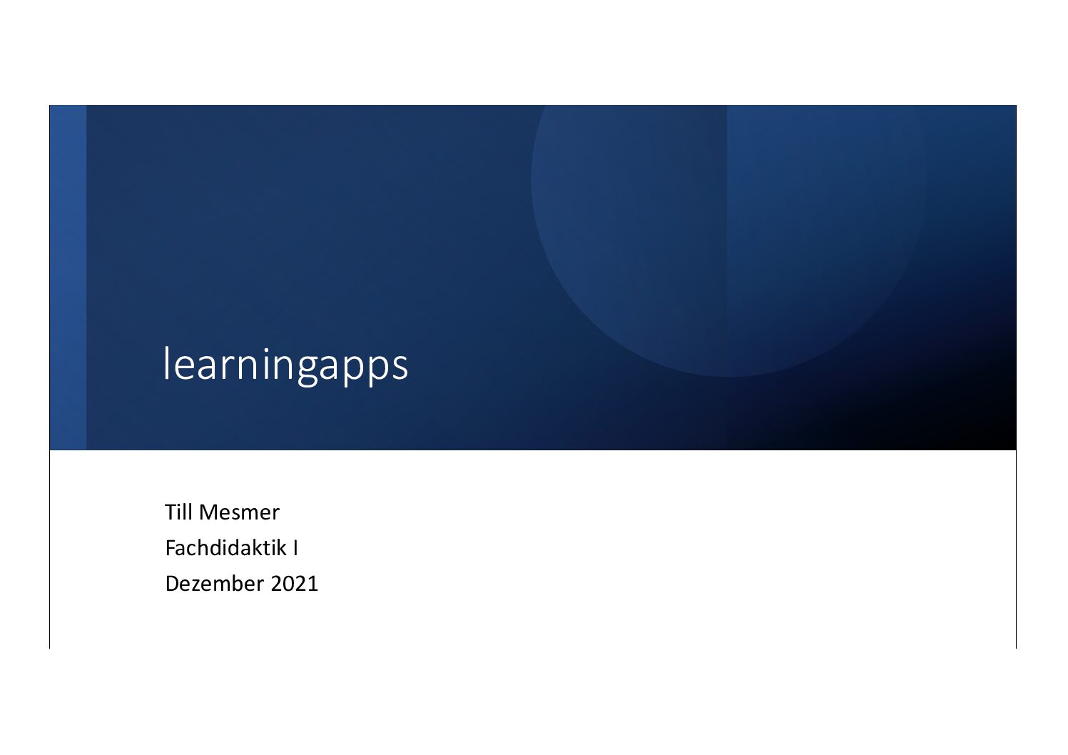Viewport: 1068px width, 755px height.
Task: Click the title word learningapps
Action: (285, 365)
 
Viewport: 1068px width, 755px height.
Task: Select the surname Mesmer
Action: (239, 512)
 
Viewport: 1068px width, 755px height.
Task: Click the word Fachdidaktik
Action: (226, 548)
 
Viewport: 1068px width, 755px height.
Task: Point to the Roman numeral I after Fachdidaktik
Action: (295, 549)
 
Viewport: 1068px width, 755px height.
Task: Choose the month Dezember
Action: (215, 584)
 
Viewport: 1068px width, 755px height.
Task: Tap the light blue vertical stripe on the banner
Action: (68, 277)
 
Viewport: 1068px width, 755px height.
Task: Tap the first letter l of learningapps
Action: (166, 363)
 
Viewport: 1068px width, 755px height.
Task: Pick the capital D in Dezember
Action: (172, 584)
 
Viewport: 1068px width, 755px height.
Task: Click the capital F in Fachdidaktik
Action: (171, 548)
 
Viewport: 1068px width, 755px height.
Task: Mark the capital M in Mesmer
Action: (208, 512)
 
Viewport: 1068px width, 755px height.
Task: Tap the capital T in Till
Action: (171, 512)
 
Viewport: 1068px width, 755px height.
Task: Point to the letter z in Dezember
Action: (198, 586)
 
